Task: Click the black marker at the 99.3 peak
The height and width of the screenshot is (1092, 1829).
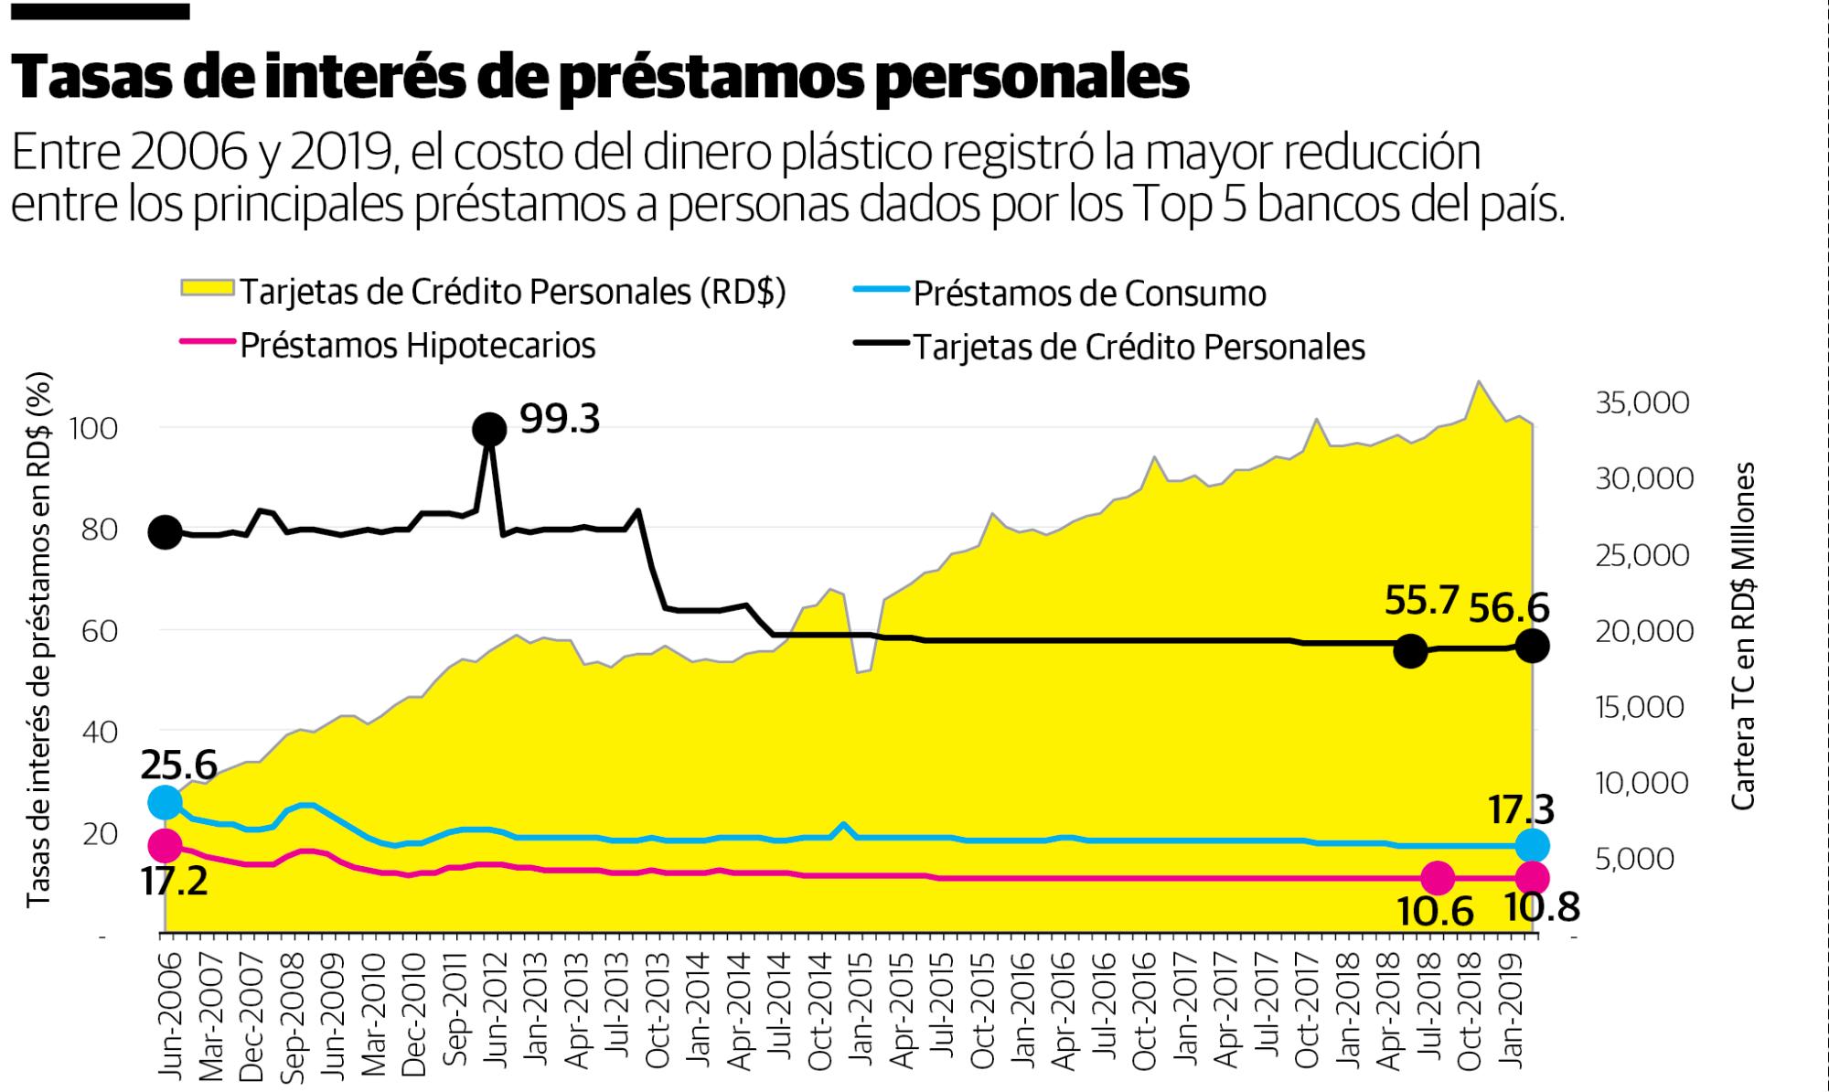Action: pos(489,428)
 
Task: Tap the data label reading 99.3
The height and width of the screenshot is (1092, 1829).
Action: pos(560,420)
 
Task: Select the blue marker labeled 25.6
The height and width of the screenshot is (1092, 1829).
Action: pos(165,802)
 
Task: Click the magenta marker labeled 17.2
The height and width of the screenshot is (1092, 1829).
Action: pos(165,845)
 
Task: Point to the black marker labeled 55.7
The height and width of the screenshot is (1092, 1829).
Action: pos(1411,651)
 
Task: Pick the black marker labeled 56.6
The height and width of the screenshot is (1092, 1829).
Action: pos(1533,647)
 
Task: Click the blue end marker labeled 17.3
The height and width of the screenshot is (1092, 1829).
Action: pos(1533,845)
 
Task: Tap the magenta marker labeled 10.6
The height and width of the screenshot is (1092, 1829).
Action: pos(1438,878)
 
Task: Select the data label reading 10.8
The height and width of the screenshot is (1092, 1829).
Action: pos(1542,908)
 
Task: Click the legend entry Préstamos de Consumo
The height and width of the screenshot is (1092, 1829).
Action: pos(1089,294)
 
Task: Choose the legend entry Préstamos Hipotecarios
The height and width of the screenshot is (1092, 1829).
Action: pos(417,346)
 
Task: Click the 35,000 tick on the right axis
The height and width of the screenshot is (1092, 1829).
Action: pos(1642,403)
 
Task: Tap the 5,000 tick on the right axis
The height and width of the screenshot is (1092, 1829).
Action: pos(1642,858)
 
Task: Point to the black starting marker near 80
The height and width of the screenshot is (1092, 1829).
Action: pos(165,531)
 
